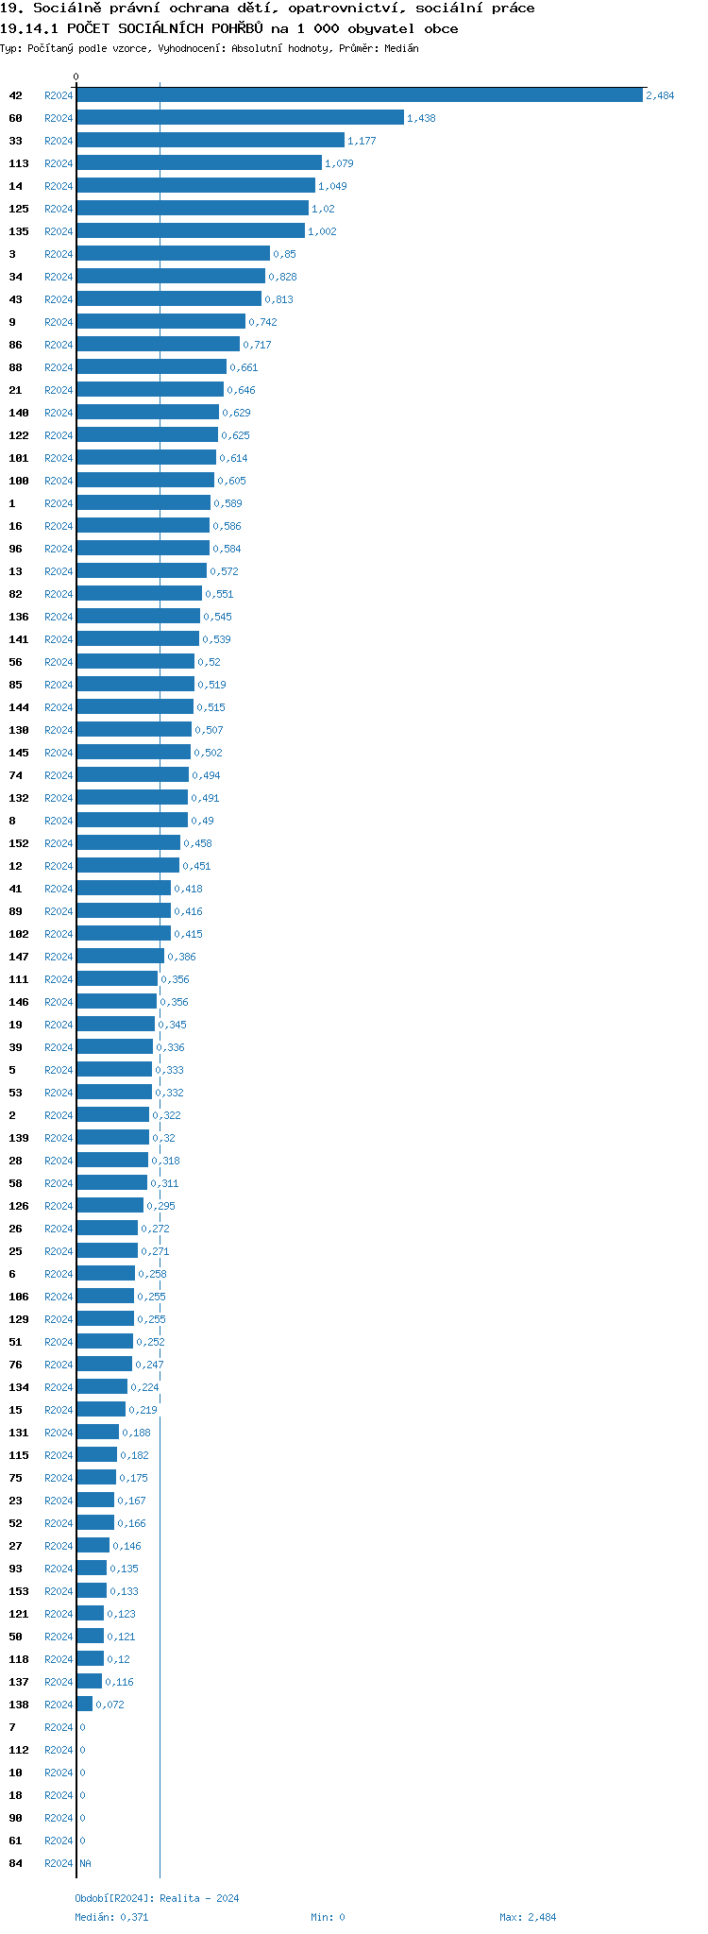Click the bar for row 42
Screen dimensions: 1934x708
359,95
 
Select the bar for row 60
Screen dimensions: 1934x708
240,118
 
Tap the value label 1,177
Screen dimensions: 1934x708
362,141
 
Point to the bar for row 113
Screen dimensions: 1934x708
198,163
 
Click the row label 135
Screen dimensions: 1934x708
19,231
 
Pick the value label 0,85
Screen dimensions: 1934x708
284,254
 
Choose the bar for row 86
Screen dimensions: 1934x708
158,345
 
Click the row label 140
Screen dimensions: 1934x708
19,413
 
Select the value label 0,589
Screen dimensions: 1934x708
228,503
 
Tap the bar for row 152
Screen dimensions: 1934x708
128,843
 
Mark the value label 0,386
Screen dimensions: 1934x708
181,957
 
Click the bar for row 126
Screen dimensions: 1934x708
110,1206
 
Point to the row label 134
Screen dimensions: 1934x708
19,1387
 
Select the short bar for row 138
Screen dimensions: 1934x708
85,1705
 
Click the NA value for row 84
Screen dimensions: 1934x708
86,1863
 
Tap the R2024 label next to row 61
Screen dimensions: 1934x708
59,1841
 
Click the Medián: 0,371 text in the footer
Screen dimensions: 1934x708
111,1917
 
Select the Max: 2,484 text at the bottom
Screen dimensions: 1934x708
528,1917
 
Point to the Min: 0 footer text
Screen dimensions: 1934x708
328,1917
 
